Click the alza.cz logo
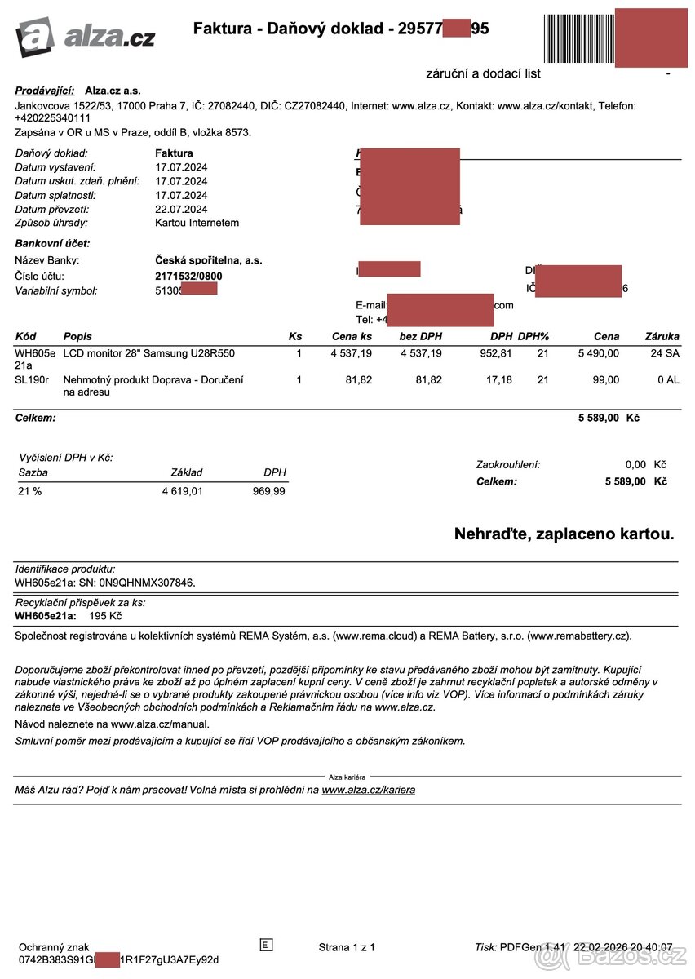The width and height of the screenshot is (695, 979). pos(85,37)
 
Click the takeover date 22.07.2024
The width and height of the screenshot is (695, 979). pos(181,209)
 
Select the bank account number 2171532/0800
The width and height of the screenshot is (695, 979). pos(188,276)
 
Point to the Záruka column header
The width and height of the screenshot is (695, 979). pos(662,336)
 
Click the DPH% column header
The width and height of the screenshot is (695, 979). pos(533,336)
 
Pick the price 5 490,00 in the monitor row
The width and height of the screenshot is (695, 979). pos(598,353)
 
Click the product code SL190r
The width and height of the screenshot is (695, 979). pos(32,380)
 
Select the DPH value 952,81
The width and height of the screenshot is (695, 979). pos(495,353)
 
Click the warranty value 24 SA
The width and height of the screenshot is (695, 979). pos(665,353)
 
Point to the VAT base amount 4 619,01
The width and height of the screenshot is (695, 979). pos(182,492)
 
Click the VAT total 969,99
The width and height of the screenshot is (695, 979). pos(268,492)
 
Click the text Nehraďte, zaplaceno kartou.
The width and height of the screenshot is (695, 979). pos(564,535)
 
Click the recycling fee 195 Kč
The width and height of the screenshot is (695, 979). pos(105,616)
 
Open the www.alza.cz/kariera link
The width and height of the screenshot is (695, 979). pos(368,790)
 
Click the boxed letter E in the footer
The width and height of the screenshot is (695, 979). pos(265,945)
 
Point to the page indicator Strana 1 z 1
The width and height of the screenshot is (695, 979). pos(347,947)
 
